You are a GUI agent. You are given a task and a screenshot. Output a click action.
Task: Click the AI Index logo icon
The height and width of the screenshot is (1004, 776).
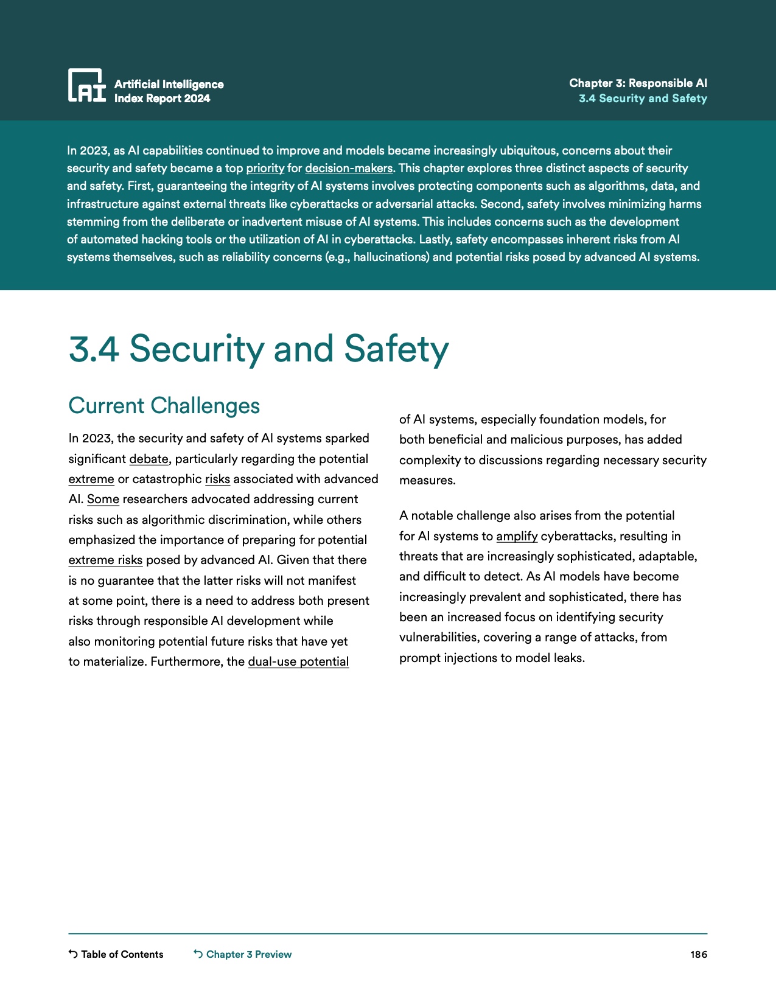pyautogui.click(x=86, y=85)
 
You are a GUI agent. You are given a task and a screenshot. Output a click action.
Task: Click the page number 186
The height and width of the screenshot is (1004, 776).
pyautogui.click(x=699, y=954)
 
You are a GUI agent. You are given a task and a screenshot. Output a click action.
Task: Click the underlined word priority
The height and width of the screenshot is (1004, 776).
pyautogui.click(x=265, y=169)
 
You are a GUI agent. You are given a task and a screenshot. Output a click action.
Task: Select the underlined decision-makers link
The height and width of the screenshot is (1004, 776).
pyautogui.click(x=349, y=169)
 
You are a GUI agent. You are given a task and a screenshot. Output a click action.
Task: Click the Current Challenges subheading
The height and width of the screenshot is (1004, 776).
pyautogui.click(x=164, y=406)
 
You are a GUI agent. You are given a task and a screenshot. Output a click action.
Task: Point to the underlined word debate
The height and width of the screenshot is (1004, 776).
pyautogui.click(x=149, y=459)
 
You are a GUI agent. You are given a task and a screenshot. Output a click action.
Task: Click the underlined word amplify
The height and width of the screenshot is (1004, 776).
pyautogui.click(x=517, y=536)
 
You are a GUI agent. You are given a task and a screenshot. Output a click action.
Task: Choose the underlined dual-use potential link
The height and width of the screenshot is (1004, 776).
pyautogui.click(x=298, y=661)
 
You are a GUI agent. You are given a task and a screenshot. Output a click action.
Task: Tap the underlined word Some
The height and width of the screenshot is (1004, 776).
pyautogui.click(x=103, y=500)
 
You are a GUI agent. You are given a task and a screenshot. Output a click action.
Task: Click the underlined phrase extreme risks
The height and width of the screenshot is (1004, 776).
pyautogui.click(x=105, y=560)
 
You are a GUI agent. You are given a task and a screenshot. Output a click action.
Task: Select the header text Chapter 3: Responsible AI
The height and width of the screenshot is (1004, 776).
pyautogui.click(x=638, y=83)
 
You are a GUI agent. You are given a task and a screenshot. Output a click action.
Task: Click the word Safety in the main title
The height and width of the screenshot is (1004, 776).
pyautogui.click(x=396, y=349)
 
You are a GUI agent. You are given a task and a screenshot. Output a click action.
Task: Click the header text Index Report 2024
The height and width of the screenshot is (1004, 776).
pyautogui.click(x=162, y=99)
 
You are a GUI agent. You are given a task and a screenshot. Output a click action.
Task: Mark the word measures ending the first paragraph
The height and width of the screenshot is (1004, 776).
pyautogui.click(x=427, y=481)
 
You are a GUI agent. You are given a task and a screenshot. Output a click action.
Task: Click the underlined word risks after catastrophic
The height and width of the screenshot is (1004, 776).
pyautogui.click(x=217, y=479)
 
